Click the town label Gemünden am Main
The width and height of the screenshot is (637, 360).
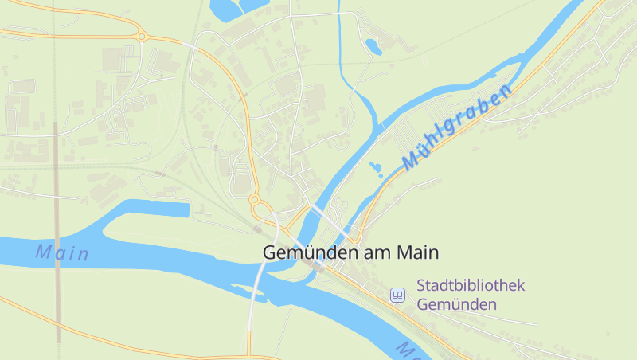coord(350,252)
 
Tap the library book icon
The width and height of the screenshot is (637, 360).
coord(397,295)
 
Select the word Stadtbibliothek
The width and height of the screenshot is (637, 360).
coord(471,285)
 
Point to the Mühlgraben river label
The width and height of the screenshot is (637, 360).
coord(457,127)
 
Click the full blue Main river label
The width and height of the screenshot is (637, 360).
coord(62,253)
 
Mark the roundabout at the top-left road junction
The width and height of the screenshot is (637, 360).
coord(142,36)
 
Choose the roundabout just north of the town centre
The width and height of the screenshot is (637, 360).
coord(255,199)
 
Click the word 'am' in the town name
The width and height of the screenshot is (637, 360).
coord(377,253)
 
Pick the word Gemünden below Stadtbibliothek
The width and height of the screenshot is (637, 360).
coord(456,304)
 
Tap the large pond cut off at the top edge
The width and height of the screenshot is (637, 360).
coord(235,7)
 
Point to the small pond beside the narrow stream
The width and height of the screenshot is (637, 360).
coord(373,45)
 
